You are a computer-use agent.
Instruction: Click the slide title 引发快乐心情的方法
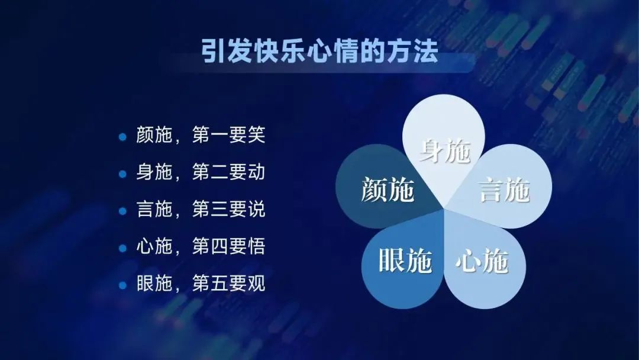tap(319, 52)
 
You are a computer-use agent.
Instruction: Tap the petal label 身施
tap(445, 151)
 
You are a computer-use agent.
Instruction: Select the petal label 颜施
tap(388, 189)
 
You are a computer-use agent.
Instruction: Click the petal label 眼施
tap(405, 260)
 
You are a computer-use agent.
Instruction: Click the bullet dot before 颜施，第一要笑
tap(122, 137)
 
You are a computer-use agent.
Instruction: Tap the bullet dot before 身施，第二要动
tap(122, 174)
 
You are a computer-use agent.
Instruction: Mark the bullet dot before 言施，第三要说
tap(122, 211)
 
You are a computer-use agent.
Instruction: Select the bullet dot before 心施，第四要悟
tap(122, 248)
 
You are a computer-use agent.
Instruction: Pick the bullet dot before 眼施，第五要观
tap(122, 285)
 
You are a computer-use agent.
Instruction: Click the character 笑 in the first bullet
tap(256, 135)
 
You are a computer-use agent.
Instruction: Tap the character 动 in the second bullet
tap(256, 172)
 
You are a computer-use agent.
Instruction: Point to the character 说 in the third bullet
tap(256, 209)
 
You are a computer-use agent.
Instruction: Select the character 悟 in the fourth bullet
tap(256, 246)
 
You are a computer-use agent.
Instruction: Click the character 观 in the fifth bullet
tap(256, 284)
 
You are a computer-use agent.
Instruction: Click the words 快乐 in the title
tap(280, 52)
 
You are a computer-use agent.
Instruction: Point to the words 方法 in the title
tap(412, 52)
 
